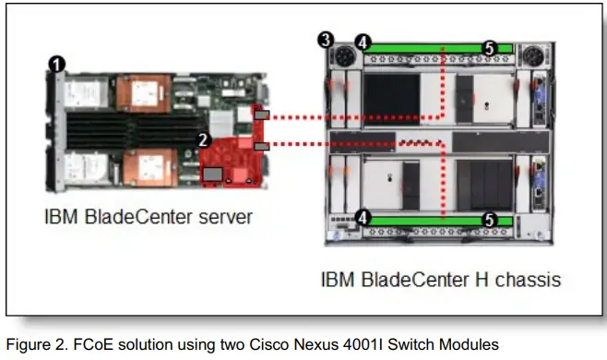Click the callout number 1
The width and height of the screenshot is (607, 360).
(x=58, y=64)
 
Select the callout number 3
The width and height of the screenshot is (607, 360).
(x=324, y=39)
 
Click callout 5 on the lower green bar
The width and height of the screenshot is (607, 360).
(x=490, y=221)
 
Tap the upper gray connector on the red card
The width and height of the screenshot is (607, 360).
(x=262, y=115)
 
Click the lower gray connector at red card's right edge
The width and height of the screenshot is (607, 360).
(x=261, y=146)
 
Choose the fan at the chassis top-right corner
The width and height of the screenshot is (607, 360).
(x=539, y=54)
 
